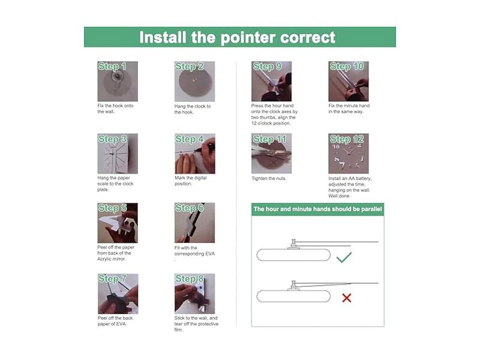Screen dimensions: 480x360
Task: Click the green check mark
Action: tap(343, 258)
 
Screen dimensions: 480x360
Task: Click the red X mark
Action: tap(347, 298)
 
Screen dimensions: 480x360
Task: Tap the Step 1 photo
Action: tap(118, 82)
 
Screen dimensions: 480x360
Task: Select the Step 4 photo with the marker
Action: tap(194, 154)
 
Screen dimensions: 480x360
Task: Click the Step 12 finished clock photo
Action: tap(349, 154)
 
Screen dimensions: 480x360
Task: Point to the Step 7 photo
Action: tap(118, 293)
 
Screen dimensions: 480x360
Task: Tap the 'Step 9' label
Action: tap(267, 67)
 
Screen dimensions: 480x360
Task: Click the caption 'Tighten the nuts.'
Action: tap(269, 178)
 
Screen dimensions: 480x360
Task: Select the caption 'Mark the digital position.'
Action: tap(190, 181)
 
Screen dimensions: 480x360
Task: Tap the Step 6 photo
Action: tap(194, 223)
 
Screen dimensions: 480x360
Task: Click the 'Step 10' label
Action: tap(347, 67)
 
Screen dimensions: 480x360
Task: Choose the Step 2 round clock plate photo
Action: tap(194, 82)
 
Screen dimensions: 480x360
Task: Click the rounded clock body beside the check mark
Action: tap(293, 255)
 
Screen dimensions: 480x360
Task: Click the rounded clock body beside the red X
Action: tap(293, 296)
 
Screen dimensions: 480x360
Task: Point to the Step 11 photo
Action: tap(272, 154)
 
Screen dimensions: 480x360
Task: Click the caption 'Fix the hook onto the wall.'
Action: tap(115, 109)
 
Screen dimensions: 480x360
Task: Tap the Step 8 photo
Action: tap(194, 293)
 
